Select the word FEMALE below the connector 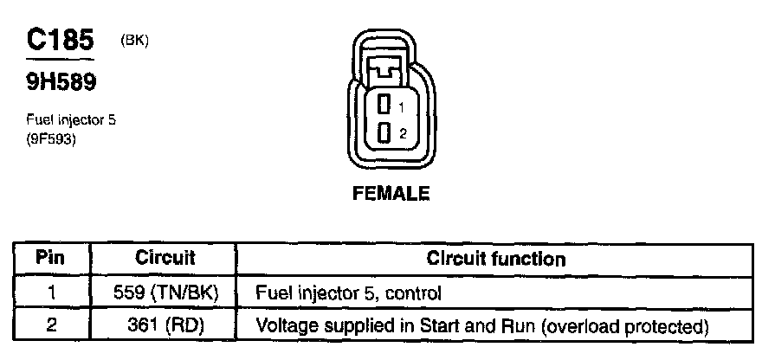391,194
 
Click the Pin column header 51,258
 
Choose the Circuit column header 165,258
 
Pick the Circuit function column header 496,259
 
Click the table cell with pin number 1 51,292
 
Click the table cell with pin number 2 51,326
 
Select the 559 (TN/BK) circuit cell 165,292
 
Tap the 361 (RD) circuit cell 165,326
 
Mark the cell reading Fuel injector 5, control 348,293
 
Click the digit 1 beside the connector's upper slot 402,107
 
